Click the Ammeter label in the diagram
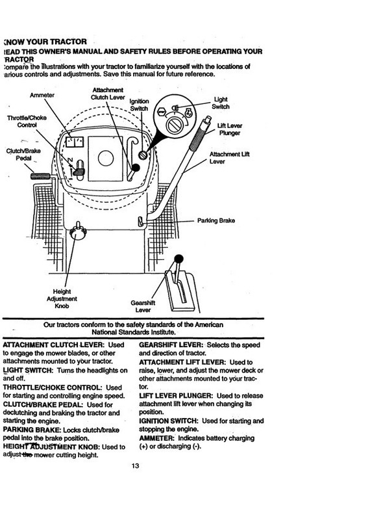coord(42,94)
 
